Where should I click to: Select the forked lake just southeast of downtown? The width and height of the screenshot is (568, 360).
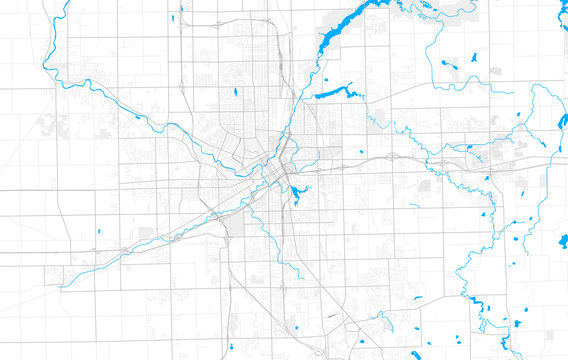click(298, 191)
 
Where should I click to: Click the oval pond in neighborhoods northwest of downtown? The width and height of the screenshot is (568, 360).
click(234, 94)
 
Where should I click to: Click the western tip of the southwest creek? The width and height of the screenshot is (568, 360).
click(62, 287)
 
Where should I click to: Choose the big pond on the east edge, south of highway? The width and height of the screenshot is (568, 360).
click(563, 240)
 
